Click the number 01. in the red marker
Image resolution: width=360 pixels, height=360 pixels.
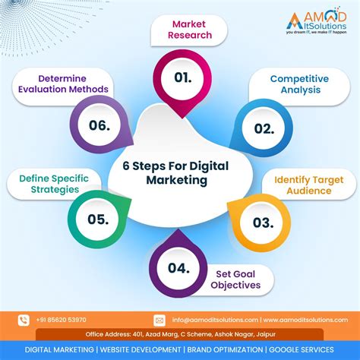182,77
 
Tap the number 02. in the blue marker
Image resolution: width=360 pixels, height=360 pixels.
264,128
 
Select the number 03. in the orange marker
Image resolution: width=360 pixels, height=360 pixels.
262,222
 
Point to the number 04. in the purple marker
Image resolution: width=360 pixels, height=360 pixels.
178,267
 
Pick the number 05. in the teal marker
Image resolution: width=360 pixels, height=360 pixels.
96,220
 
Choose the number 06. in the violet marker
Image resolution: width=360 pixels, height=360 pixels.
99,125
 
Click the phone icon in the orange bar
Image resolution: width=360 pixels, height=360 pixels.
24,320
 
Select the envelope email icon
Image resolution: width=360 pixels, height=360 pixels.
159,320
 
